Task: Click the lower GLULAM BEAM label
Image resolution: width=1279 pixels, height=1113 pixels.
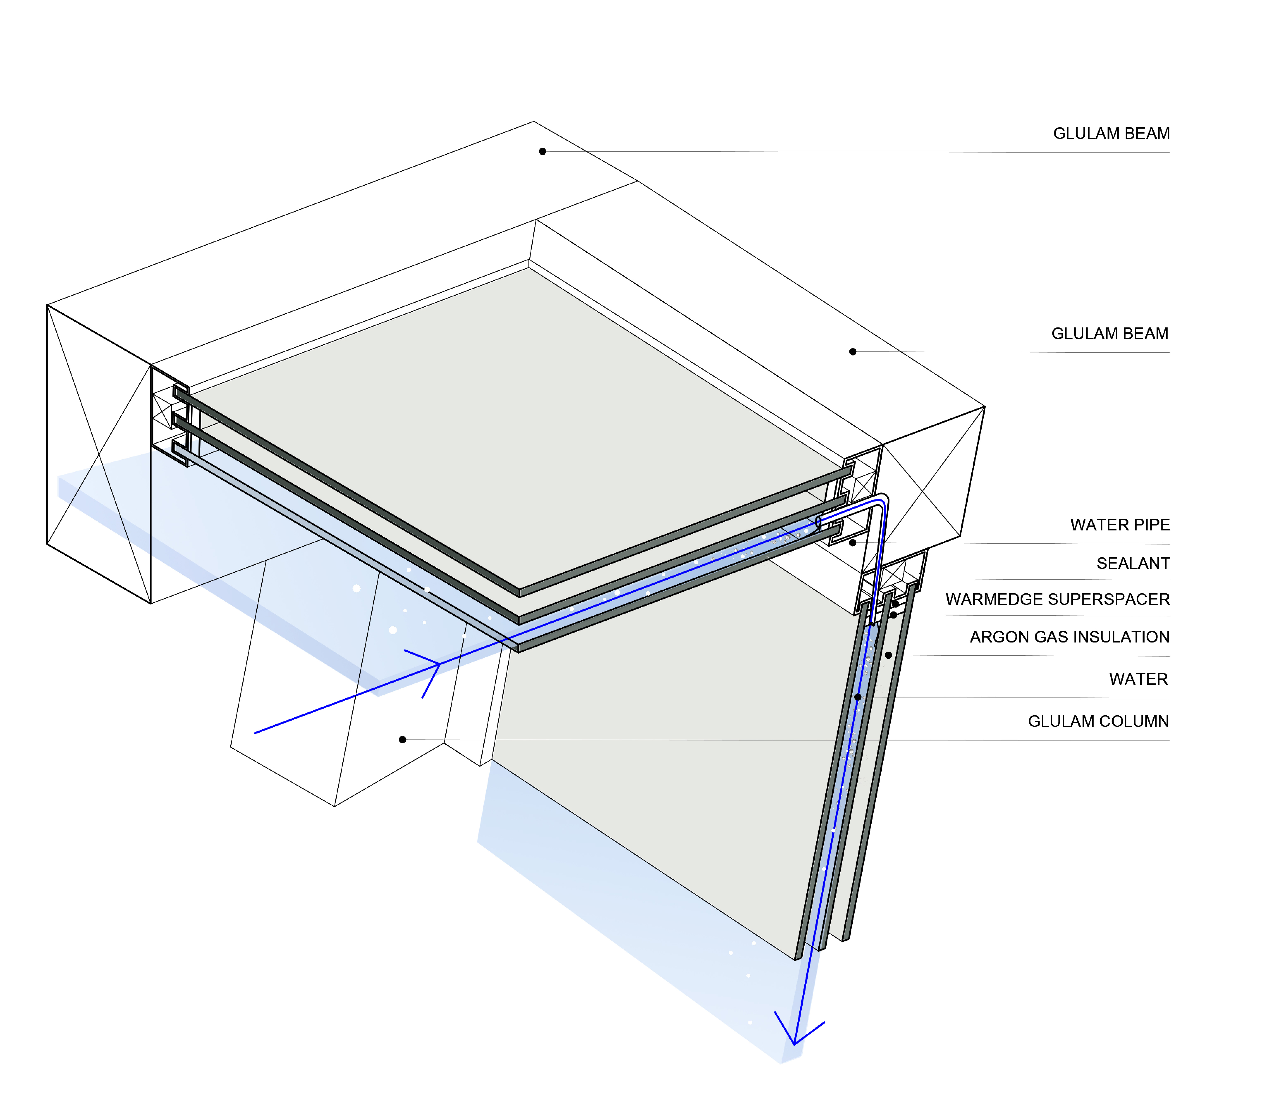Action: [1109, 333]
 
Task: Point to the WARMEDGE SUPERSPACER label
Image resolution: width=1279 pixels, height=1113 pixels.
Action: [1057, 599]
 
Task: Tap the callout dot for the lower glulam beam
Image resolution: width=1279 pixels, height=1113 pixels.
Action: [853, 352]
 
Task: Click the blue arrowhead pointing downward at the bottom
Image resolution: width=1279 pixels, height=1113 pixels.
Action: [795, 1044]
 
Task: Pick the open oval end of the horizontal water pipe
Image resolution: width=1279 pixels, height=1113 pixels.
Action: [819, 522]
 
